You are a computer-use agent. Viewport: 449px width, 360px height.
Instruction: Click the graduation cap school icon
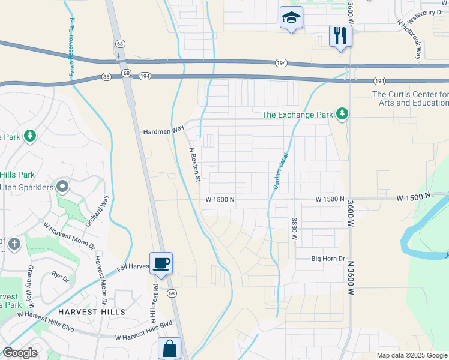pos(291,18)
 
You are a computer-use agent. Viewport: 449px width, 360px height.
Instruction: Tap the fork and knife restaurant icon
pos(340,35)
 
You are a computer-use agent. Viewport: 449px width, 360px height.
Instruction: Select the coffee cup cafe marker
pos(161,263)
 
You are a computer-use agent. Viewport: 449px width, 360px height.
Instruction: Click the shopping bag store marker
pos(169,348)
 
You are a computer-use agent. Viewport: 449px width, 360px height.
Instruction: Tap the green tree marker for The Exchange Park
pos(342,114)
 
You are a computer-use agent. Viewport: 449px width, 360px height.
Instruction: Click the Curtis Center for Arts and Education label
pos(411,98)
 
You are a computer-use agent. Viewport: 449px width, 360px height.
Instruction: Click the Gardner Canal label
pos(280,171)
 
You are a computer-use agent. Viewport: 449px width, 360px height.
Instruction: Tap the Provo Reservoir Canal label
pos(71,51)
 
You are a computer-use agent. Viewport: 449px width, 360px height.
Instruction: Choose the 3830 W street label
pos(294,229)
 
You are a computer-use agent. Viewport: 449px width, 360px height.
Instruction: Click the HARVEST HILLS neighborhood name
pos(92,312)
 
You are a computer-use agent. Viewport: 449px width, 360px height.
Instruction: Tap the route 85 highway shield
pos(106,76)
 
